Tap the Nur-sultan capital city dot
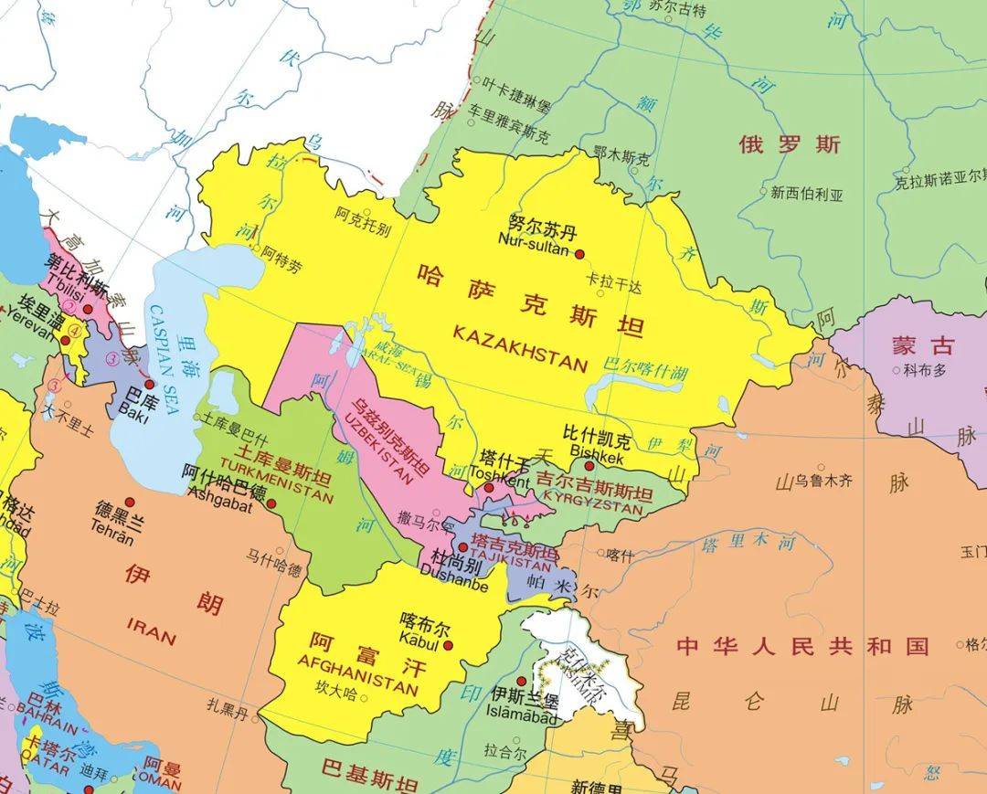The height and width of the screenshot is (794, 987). [578, 253]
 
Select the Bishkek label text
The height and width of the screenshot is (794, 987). [596, 450]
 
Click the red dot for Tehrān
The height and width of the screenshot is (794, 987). [130, 503]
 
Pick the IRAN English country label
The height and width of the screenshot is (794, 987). [152, 630]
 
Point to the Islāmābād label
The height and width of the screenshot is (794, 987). [522, 717]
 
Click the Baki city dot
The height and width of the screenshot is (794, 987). [150, 384]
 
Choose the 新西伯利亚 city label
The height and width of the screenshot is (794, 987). [806, 193]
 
